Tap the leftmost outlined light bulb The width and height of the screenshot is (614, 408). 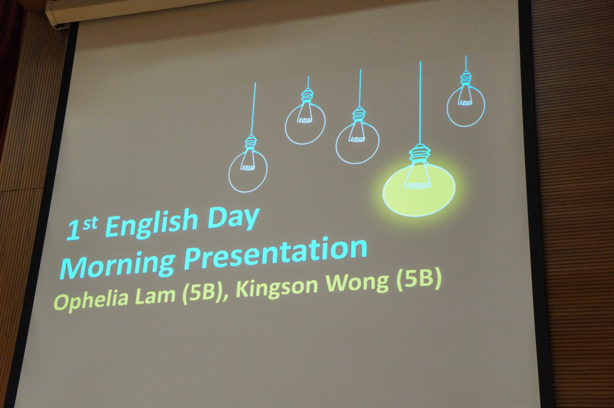pos(248,164)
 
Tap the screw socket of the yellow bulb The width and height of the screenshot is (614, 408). pos(419,154)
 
